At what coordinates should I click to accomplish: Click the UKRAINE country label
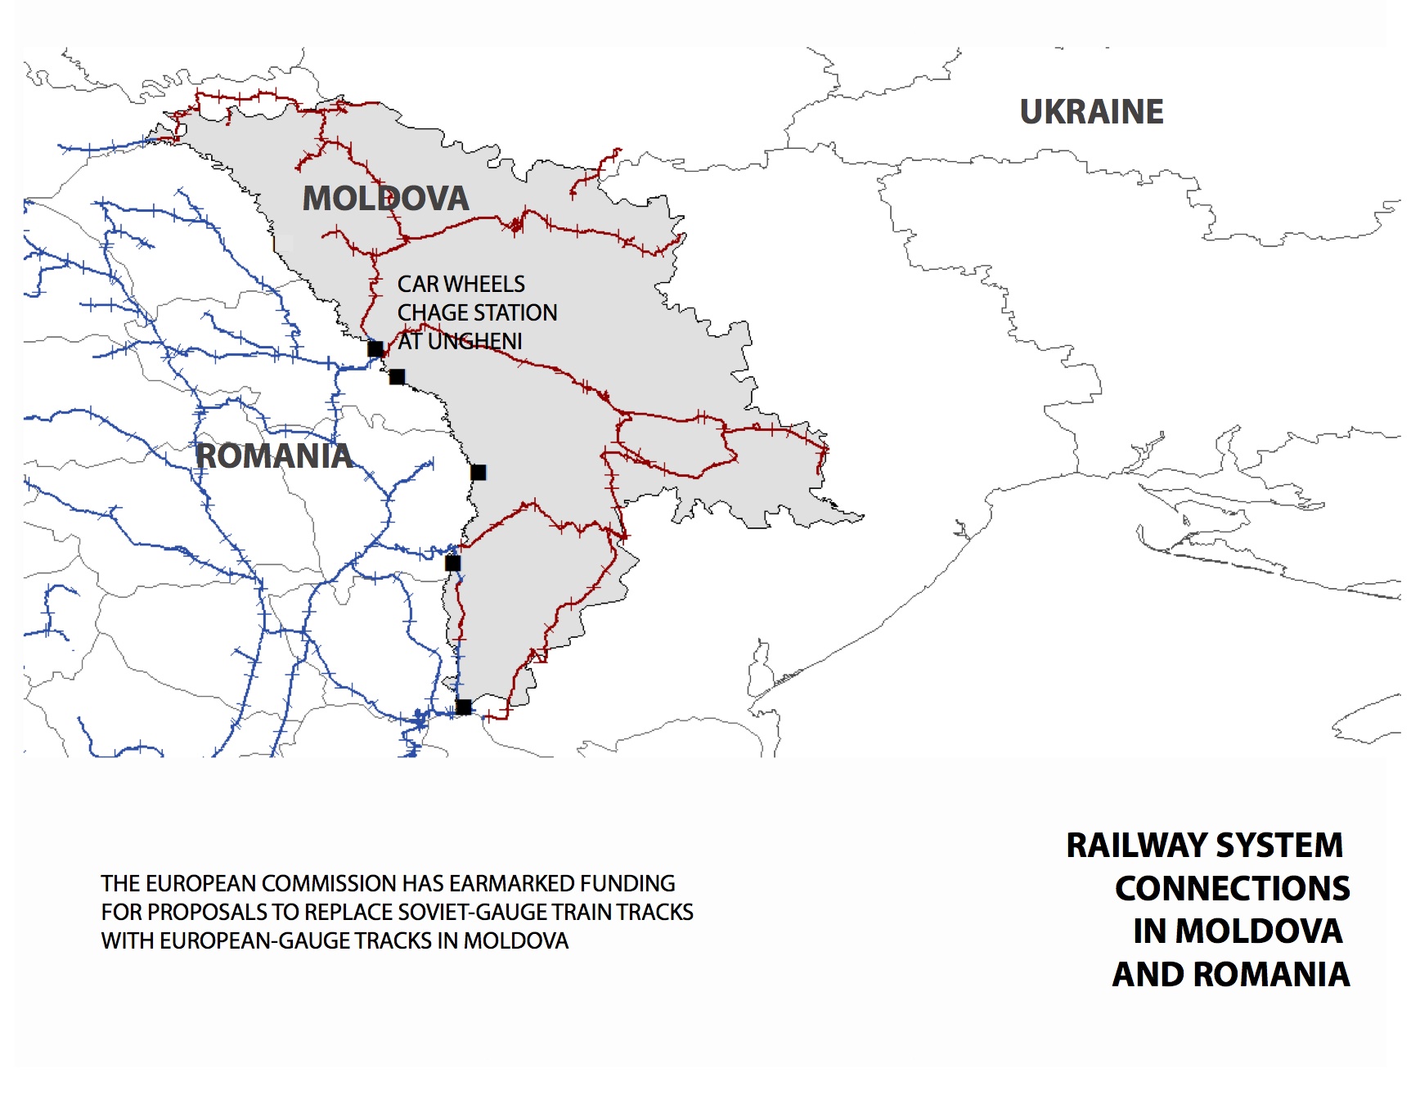tap(1091, 112)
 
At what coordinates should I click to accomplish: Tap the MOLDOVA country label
tap(386, 199)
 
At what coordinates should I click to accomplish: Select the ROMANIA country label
tap(274, 456)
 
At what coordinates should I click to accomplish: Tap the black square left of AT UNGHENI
tap(375, 349)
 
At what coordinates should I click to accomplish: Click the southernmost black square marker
tap(464, 707)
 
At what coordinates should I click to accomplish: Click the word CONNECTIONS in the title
tap(1232, 889)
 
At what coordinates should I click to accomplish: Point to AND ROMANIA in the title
tap(1231, 975)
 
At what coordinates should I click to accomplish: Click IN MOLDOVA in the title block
tap(1238, 931)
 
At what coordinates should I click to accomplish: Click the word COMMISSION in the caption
tap(329, 884)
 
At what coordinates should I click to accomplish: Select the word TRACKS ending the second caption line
tap(655, 913)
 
